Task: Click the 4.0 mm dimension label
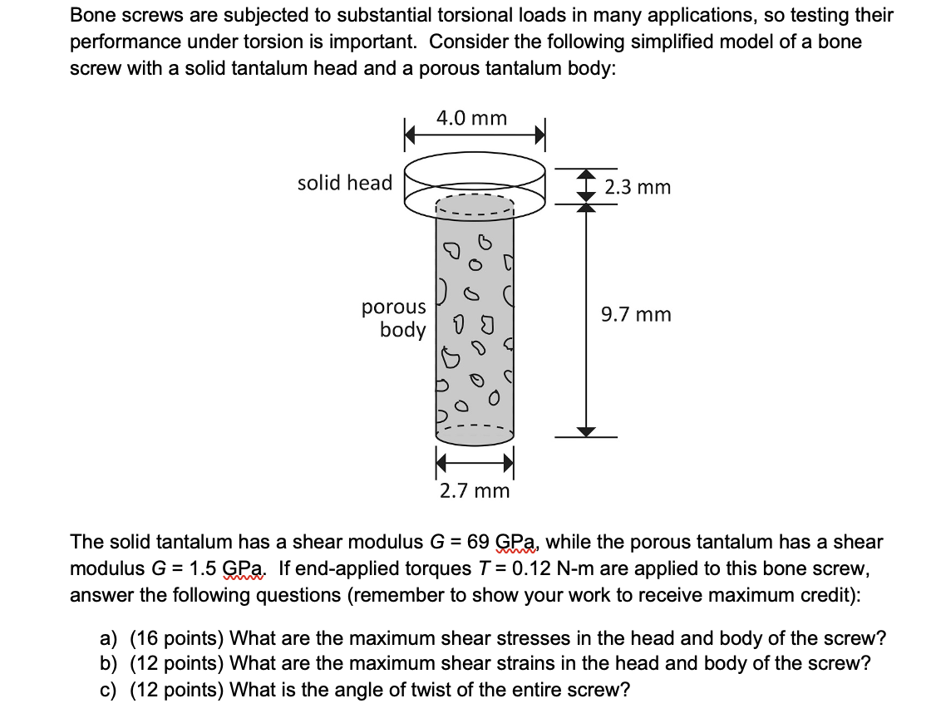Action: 471,118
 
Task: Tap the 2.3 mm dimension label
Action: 638,187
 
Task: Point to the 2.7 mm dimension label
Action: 475,490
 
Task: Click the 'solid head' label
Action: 345,183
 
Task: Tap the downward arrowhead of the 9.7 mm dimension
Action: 587,430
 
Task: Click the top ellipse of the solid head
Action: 475,166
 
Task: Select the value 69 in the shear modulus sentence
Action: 479,543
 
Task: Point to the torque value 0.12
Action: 530,569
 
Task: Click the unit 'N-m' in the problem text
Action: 575,569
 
